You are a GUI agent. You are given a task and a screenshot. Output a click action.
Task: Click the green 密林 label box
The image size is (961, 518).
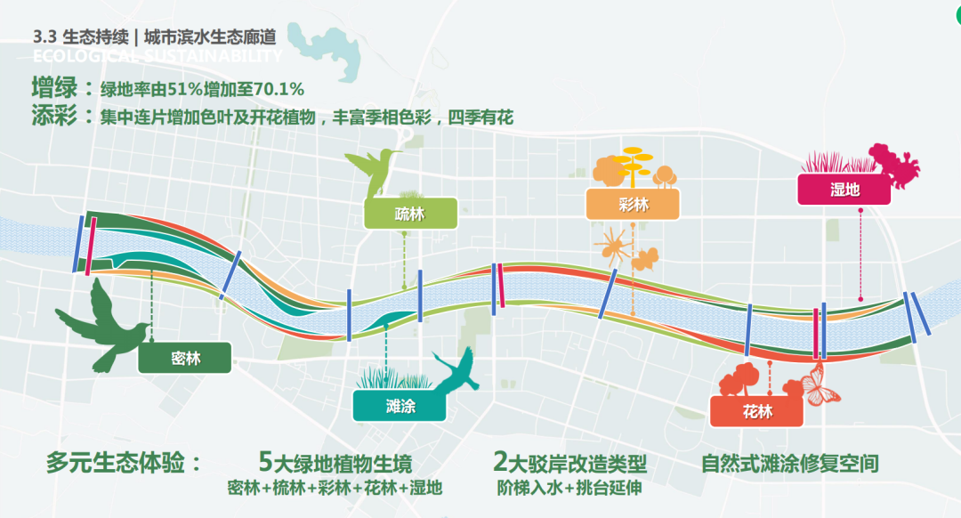[184, 359]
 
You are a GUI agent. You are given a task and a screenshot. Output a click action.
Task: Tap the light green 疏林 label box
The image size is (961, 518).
[410, 214]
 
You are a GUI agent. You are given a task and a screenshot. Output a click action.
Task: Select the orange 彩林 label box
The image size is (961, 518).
[633, 205]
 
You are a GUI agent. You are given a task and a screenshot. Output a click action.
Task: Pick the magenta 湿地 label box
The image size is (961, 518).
[844, 190]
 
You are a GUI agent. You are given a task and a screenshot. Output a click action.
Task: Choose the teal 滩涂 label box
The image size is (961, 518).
[400, 406]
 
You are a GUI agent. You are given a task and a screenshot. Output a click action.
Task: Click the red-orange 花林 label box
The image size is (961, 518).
[756, 411]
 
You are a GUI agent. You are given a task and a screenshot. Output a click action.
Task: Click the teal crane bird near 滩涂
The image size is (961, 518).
[458, 370]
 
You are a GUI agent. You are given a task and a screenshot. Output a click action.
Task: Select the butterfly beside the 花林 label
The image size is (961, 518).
[821, 383]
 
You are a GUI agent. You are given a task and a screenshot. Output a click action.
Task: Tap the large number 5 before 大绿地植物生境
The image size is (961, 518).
[264, 462]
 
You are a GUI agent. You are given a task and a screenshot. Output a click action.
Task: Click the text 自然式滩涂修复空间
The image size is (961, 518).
[789, 464]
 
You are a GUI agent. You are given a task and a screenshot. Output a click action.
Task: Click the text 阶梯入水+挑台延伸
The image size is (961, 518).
[569, 489]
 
